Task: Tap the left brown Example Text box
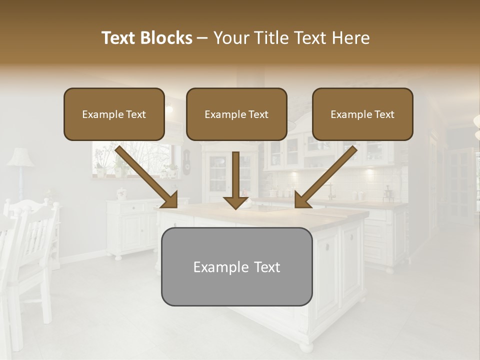click(x=114, y=114)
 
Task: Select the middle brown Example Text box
click(x=236, y=114)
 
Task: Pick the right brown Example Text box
click(x=362, y=114)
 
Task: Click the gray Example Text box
click(x=236, y=266)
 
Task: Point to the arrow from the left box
click(x=147, y=178)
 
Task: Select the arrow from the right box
click(x=325, y=178)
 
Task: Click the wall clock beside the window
click(x=186, y=162)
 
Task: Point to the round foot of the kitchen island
click(x=306, y=346)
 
